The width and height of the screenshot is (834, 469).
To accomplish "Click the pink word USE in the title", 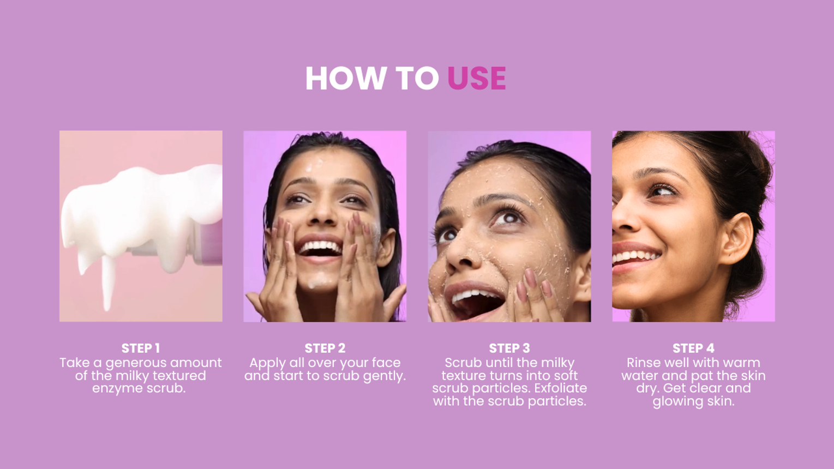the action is coord(477,78).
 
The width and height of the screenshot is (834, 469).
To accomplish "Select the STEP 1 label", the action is coord(141,348).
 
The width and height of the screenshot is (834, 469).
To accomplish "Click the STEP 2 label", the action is coord(325,348).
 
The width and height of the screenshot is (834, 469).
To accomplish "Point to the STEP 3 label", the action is coord(509,348).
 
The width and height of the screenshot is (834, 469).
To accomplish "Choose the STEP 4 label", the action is coord(693,348).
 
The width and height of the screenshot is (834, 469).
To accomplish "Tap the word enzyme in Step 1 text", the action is coord(117,389).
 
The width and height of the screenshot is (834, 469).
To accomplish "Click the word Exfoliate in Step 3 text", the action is coord(561,388).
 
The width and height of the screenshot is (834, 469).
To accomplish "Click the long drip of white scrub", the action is coord(108,283).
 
